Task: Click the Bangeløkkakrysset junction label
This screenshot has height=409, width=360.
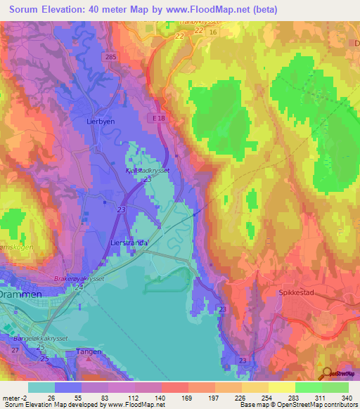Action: [44, 338]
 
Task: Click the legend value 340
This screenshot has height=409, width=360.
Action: [347, 397]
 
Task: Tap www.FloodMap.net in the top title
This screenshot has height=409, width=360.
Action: [215, 10]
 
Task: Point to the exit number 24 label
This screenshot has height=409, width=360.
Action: [79, 287]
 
